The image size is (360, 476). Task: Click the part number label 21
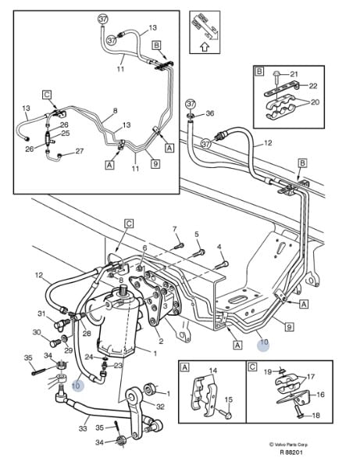pyautogui.click(x=294, y=73)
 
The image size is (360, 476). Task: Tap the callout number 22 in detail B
pyautogui.click(x=312, y=86)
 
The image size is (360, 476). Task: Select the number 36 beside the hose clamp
pyautogui.click(x=209, y=113)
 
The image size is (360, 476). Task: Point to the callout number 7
pyautogui.click(x=175, y=229)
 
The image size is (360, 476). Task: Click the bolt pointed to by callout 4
pyautogui.click(x=222, y=265)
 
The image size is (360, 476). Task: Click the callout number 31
pyautogui.click(x=41, y=313)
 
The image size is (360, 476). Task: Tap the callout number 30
pyautogui.click(x=37, y=332)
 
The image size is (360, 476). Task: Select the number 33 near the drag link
pyautogui.click(x=83, y=428)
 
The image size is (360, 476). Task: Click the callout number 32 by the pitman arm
pyautogui.click(x=160, y=406)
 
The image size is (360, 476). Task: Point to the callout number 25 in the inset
pyautogui.click(x=66, y=134)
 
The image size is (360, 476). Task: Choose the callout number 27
pyautogui.click(x=79, y=151)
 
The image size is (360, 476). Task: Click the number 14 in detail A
pyautogui.click(x=213, y=370)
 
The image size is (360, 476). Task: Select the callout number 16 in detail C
pyautogui.click(x=320, y=395)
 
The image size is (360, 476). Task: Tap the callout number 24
pyautogui.click(x=88, y=357)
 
